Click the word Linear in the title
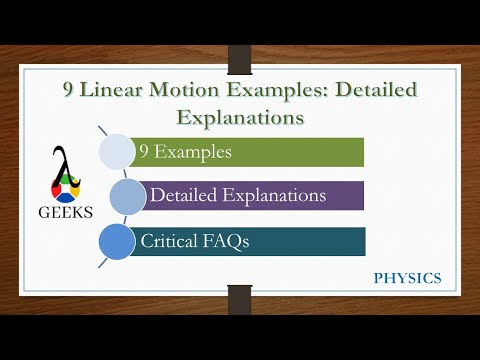pyautogui.click(x=118, y=91)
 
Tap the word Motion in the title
pyautogui.click(x=197, y=91)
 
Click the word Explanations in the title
pyautogui.click(x=240, y=117)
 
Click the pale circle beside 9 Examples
pyautogui.click(x=117, y=152)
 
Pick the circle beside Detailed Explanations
pyautogui.click(x=127, y=196)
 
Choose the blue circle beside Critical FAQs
pyautogui.click(x=117, y=241)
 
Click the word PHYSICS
pyautogui.click(x=406, y=277)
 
